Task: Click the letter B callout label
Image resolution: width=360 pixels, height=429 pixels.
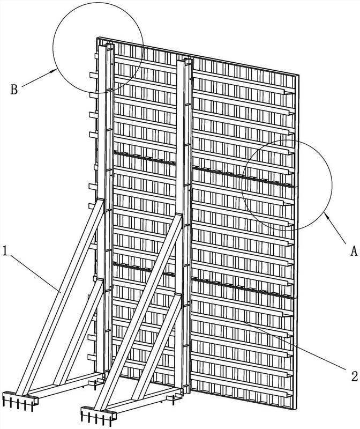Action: coord(14,90)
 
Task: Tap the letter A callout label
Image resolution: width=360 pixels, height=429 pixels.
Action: coord(354,250)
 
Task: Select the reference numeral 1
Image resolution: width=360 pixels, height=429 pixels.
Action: coord(5,251)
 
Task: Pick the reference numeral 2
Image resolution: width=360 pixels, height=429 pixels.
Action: coord(354,376)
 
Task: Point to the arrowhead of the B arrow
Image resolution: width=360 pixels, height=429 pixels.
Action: coord(54,71)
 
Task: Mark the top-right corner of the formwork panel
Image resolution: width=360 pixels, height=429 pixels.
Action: coord(298,75)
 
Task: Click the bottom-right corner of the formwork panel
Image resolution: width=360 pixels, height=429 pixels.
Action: coord(296,409)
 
